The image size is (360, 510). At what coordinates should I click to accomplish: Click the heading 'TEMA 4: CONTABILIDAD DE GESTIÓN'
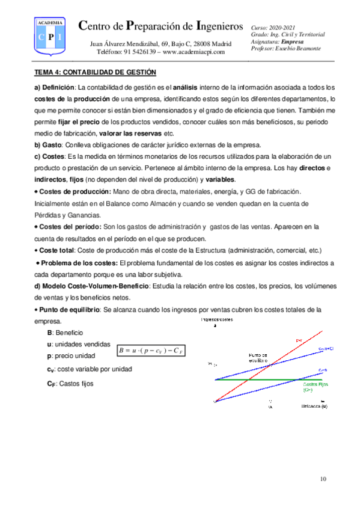(95, 73)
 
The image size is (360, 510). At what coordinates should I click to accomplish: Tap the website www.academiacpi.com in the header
(194, 52)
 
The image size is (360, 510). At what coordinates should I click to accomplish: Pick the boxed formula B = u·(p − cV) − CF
(153, 350)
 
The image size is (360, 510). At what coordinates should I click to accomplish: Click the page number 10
(323, 479)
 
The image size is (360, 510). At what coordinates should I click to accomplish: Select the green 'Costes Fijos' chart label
(315, 386)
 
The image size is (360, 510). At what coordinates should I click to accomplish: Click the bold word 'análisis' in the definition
(189, 88)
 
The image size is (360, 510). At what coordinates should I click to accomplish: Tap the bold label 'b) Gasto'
(49, 146)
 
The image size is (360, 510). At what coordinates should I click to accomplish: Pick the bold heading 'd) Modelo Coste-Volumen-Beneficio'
(91, 284)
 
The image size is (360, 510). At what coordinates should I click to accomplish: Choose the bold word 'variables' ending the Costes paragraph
(221, 180)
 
